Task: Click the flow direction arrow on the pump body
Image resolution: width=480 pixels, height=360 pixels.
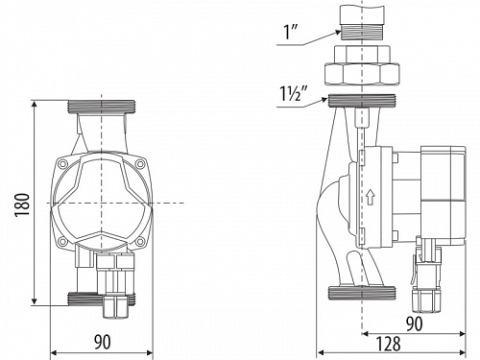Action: (x=369, y=199)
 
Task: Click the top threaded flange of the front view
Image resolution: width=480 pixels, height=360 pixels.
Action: (x=106, y=104)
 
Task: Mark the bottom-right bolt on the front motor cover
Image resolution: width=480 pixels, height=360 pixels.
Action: (x=146, y=241)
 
